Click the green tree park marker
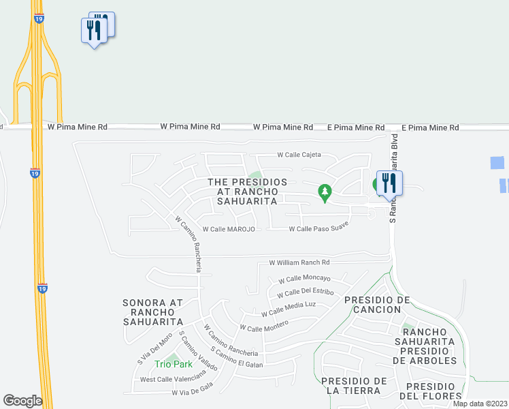click(x=325, y=193)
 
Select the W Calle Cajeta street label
click(x=299, y=155)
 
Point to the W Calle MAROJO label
click(x=229, y=229)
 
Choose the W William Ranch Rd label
click(x=299, y=262)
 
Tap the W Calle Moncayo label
click(x=304, y=279)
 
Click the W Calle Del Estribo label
click(x=306, y=293)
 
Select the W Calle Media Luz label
click(x=289, y=309)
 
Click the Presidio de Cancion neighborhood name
click(x=377, y=305)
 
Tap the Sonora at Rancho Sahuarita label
click(x=153, y=312)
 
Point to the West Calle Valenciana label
click(x=172, y=379)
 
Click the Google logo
click(x=22, y=401)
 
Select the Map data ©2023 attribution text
click(x=480, y=404)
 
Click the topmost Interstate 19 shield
click(x=39, y=20)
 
